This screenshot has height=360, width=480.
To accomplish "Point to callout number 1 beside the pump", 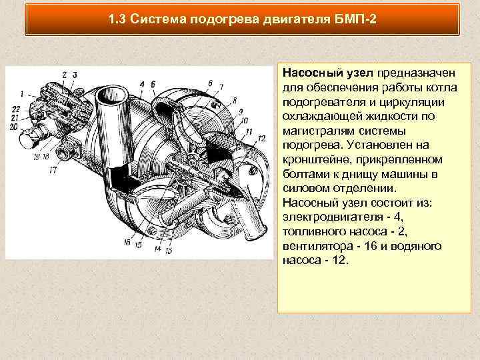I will click(23, 93).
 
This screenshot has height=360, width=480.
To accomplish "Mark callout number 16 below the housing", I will click(127, 243).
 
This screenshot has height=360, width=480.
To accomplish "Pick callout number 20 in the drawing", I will click(15, 124).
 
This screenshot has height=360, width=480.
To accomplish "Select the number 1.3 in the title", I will click(117, 19).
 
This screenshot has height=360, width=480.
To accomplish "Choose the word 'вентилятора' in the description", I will click(313, 247).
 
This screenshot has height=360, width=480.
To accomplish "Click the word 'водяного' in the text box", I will click(419, 247).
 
